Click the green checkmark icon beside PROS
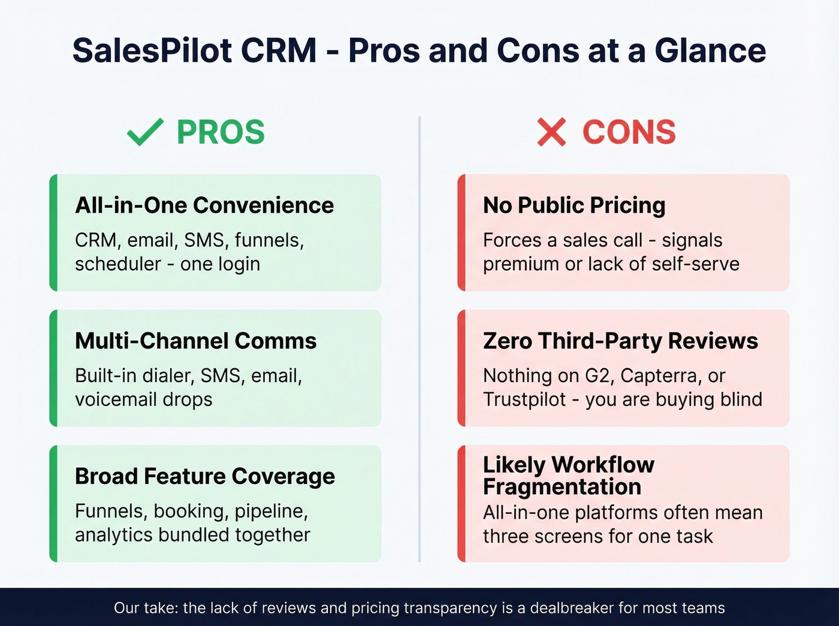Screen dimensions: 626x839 145,132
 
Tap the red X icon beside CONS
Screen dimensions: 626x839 551,132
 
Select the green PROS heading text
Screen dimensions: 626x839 221,132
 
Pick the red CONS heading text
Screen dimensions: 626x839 629,132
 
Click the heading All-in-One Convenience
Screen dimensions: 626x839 204,205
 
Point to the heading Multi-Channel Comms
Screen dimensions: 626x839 196,341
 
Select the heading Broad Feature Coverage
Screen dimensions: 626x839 205,476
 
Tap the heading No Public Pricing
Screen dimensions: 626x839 574,205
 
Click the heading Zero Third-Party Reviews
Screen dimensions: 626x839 620,341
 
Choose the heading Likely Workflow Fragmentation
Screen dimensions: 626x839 568,476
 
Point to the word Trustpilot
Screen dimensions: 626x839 524,400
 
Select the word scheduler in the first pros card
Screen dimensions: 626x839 118,264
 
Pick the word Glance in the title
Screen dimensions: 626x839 710,50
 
